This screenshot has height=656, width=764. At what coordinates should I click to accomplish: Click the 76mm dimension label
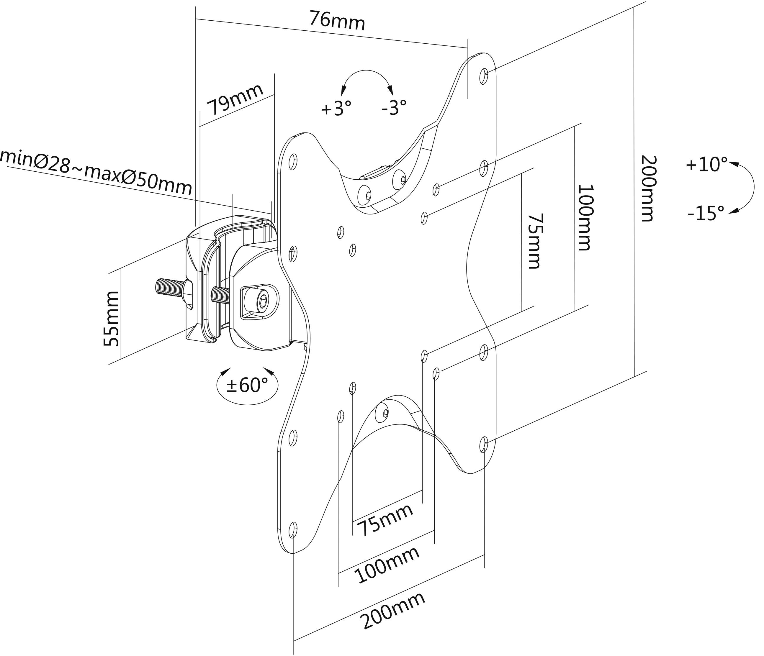337,21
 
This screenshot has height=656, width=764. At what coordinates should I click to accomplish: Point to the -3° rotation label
393,108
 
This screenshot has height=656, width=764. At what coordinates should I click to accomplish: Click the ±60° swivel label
247,385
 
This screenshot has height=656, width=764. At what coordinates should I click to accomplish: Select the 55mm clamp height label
111,319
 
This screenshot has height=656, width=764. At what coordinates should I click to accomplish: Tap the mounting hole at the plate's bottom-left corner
293,530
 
